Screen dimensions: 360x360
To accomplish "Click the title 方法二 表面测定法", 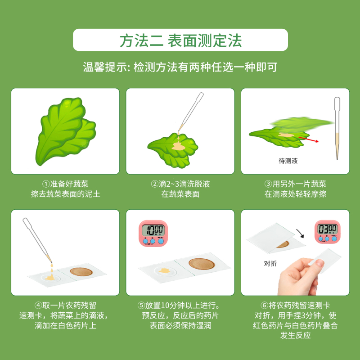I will [180, 40].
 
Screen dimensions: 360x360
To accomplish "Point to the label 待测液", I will [288, 160].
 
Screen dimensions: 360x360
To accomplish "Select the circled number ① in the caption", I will [45, 184].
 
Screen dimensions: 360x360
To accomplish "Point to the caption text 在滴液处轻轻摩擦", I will [296, 194].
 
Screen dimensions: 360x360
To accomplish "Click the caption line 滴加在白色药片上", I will [65, 325].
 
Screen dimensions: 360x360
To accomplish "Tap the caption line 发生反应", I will [296, 336].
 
